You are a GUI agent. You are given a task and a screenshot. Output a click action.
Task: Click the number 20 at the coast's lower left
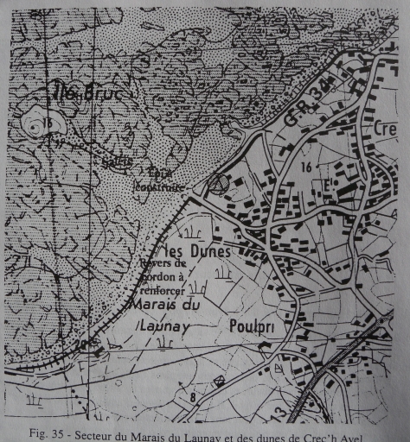coord(82,344)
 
